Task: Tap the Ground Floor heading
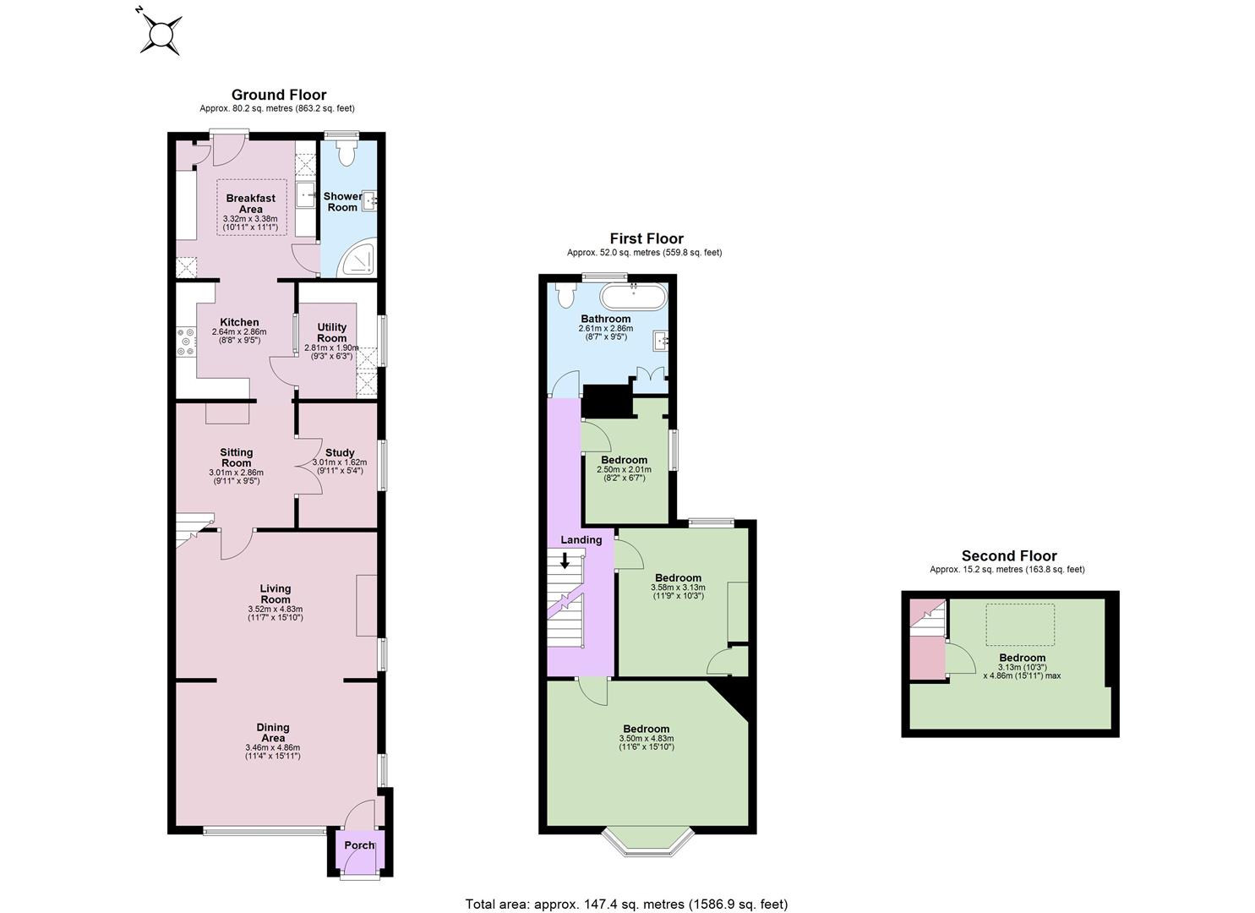[x=278, y=95]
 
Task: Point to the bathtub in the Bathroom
[x=634, y=296]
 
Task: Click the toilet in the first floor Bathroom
[x=565, y=295]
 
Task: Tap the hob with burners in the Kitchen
[x=185, y=342]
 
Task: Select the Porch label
[x=359, y=845]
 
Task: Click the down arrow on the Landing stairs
[x=565, y=560]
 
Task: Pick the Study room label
[x=340, y=452]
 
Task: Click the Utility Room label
[x=331, y=332]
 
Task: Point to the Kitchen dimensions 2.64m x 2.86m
[x=239, y=331]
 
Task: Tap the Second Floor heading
[x=1009, y=556]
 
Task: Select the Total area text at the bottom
[x=626, y=888]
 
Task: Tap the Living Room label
[x=276, y=593]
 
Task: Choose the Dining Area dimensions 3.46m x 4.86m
[x=273, y=747]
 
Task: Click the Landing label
[x=581, y=539]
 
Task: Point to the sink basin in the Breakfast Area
[x=305, y=194]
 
